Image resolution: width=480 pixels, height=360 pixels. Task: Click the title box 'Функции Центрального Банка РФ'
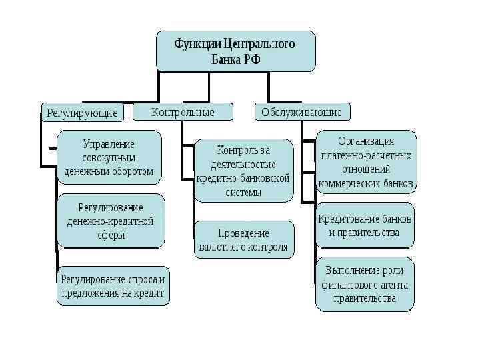click(x=235, y=51)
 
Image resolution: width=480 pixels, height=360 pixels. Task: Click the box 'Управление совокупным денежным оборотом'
click(x=109, y=158)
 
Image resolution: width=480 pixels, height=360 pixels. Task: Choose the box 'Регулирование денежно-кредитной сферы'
click(x=111, y=220)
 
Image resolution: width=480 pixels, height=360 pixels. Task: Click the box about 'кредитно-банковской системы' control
click(x=243, y=171)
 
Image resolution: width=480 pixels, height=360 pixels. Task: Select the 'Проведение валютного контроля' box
click(x=243, y=240)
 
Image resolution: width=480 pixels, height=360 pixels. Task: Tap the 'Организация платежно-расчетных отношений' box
click(x=366, y=162)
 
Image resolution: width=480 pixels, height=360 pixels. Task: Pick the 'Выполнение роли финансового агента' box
click(x=365, y=285)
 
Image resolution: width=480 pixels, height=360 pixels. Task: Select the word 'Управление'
click(x=109, y=144)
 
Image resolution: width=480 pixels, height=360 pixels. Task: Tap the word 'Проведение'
click(x=243, y=233)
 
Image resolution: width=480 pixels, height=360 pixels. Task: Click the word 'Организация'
click(x=366, y=141)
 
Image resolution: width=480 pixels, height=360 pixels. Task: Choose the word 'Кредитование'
click(x=346, y=219)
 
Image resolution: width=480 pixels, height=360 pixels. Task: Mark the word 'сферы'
click(x=111, y=235)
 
